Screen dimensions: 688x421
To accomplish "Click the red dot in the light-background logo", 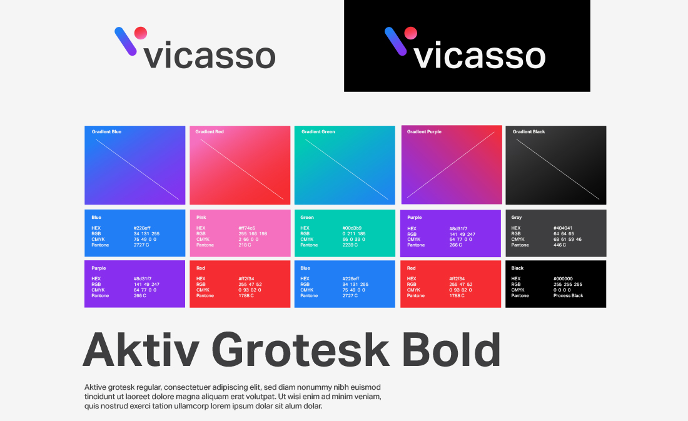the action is pos(140,33).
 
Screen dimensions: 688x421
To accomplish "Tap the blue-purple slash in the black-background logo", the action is pos(396,41).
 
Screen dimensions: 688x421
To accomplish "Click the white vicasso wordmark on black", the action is pos(480,55).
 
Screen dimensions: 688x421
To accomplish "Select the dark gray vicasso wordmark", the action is pos(210,55).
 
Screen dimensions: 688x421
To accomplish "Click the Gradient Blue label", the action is pos(106,132).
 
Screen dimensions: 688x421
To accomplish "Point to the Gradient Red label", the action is pos(210,132).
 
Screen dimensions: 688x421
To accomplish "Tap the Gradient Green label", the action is pos(318,132).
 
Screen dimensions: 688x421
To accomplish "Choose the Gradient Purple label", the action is pos(424,132).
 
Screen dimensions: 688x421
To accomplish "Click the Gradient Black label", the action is pos(529,132).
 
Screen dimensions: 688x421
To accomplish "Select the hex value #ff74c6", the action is pos(246,228).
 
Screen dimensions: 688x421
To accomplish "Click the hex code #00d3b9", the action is pos(352,228).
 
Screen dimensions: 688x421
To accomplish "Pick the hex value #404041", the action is pos(563,228).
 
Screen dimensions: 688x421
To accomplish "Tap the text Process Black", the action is pos(568,296).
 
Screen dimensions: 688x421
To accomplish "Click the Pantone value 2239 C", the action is pos(350,245).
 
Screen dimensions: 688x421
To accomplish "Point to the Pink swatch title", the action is pos(201,217).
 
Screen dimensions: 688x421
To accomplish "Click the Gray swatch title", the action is pos(517,217).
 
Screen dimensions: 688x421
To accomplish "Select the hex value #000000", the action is pos(563,279).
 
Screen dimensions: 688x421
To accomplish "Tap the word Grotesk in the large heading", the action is pos(300,350).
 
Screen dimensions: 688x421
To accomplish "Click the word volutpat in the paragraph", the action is pos(262,397).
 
